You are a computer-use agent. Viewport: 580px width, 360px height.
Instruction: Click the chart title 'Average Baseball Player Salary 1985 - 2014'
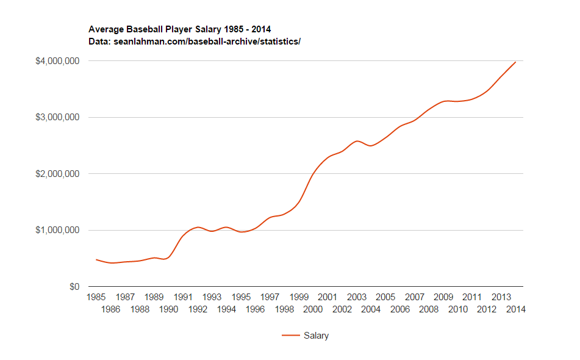[180, 29]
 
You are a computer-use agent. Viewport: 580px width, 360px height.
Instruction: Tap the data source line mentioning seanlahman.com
[195, 41]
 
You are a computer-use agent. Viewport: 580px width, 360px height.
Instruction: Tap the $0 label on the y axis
[73, 287]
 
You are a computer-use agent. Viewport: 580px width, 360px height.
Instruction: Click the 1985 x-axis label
[96, 297]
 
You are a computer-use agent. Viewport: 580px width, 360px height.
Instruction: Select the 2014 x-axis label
[515, 309]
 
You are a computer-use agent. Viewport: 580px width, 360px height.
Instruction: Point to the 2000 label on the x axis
[313, 309]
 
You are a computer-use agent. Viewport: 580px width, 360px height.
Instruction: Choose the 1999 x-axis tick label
[299, 297]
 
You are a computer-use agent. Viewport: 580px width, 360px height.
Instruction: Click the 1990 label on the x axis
[168, 309]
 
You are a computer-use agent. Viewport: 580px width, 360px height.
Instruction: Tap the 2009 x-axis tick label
[443, 297]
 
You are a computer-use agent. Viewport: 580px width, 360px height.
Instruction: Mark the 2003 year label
[357, 297]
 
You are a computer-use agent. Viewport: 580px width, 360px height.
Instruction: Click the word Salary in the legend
[316, 336]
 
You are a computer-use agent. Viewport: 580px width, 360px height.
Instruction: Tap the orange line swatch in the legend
[290, 336]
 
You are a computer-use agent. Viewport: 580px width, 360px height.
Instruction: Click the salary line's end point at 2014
[515, 62]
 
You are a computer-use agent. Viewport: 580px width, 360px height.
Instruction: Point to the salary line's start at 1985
[96, 259]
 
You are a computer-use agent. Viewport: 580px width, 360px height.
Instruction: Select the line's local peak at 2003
[357, 141]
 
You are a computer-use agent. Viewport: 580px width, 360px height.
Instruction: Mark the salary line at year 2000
[313, 175]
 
